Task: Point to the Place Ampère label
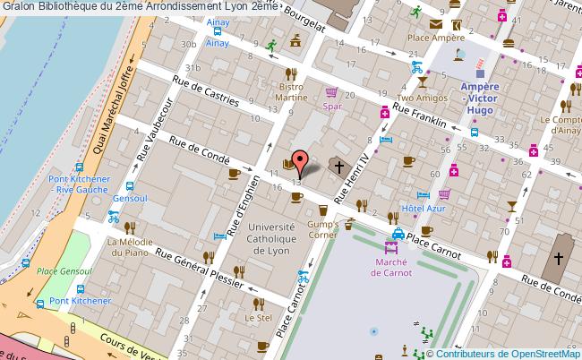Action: pyautogui.click(x=435, y=39)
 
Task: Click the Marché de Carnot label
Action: pyautogui.click(x=392, y=267)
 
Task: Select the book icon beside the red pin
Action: pyautogui.click(x=287, y=163)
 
